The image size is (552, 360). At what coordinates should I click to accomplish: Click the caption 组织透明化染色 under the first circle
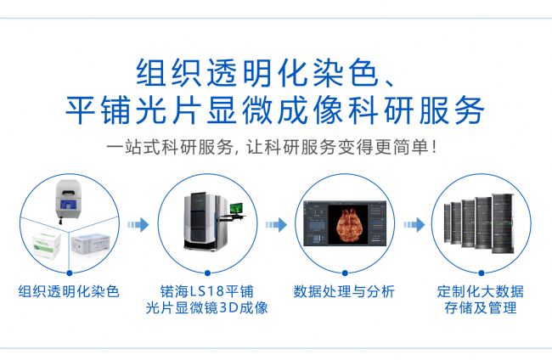(x=69, y=292)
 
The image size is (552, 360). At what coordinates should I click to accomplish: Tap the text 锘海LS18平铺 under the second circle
(x=206, y=292)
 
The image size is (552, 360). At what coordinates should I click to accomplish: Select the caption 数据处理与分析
(x=344, y=292)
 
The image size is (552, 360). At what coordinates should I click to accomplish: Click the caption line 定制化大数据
(x=481, y=292)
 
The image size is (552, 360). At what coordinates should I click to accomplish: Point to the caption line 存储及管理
(x=481, y=308)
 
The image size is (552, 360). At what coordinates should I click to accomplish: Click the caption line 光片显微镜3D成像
(x=206, y=308)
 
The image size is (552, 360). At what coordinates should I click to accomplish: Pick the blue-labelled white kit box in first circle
(x=91, y=244)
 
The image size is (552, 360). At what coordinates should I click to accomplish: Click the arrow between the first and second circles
(x=138, y=224)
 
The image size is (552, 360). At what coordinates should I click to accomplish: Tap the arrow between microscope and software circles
(x=276, y=224)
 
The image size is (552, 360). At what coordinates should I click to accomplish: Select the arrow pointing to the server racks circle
(x=414, y=224)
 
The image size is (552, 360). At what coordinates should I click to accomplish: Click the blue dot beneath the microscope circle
(x=207, y=273)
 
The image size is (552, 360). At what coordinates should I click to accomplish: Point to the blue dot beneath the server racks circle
(x=482, y=273)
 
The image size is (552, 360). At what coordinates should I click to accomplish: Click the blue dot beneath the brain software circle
(x=345, y=273)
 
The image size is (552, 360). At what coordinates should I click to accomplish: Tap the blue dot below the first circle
(x=70, y=273)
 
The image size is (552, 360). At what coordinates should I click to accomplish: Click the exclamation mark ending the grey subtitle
(x=434, y=147)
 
